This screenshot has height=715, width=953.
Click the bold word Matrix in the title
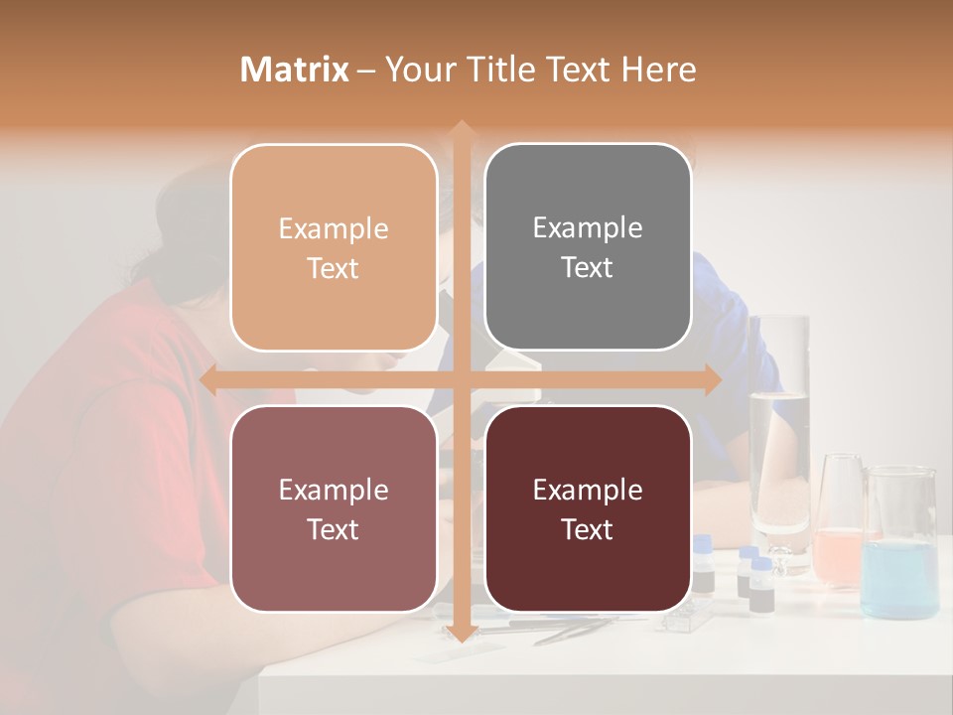[295, 70]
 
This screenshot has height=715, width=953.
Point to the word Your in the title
[422, 70]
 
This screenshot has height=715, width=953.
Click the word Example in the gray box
[588, 228]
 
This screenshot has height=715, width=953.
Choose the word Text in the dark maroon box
[588, 529]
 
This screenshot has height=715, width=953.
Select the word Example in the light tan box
[334, 229]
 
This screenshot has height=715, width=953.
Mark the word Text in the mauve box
[334, 529]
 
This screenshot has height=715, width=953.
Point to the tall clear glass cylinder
[779, 437]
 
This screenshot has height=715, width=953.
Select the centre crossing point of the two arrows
[461, 380]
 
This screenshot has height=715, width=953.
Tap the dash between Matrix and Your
[367, 70]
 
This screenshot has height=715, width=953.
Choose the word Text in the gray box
[588, 268]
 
